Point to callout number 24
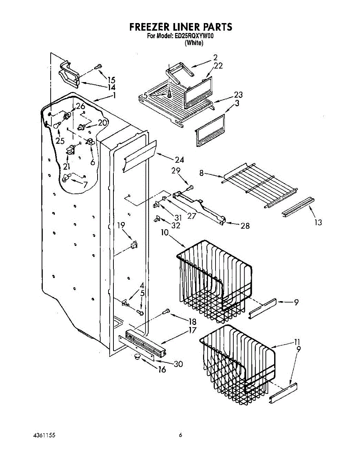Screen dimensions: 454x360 pyautogui.click(x=179, y=160)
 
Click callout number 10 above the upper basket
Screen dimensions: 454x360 pyautogui.click(x=165, y=233)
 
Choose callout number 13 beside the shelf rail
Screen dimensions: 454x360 pyautogui.click(x=318, y=222)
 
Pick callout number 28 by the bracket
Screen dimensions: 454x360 pyautogui.click(x=245, y=226)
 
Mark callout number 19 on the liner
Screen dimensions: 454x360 pyautogui.click(x=121, y=226)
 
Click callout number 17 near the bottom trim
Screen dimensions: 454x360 pyautogui.click(x=192, y=330)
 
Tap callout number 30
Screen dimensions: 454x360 pyautogui.click(x=178, y=364)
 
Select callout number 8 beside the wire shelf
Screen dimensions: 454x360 pyautogui.click(x=202, y=173)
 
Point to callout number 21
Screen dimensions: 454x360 pyautogui.click(x=67, y=166)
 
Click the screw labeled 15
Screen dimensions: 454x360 pyautogui.click(x=99, y=67)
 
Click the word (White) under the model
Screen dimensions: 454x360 pyautogui.click(x=194, y=43)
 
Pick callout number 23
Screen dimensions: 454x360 pyautogui.click(x=238, y=95)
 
